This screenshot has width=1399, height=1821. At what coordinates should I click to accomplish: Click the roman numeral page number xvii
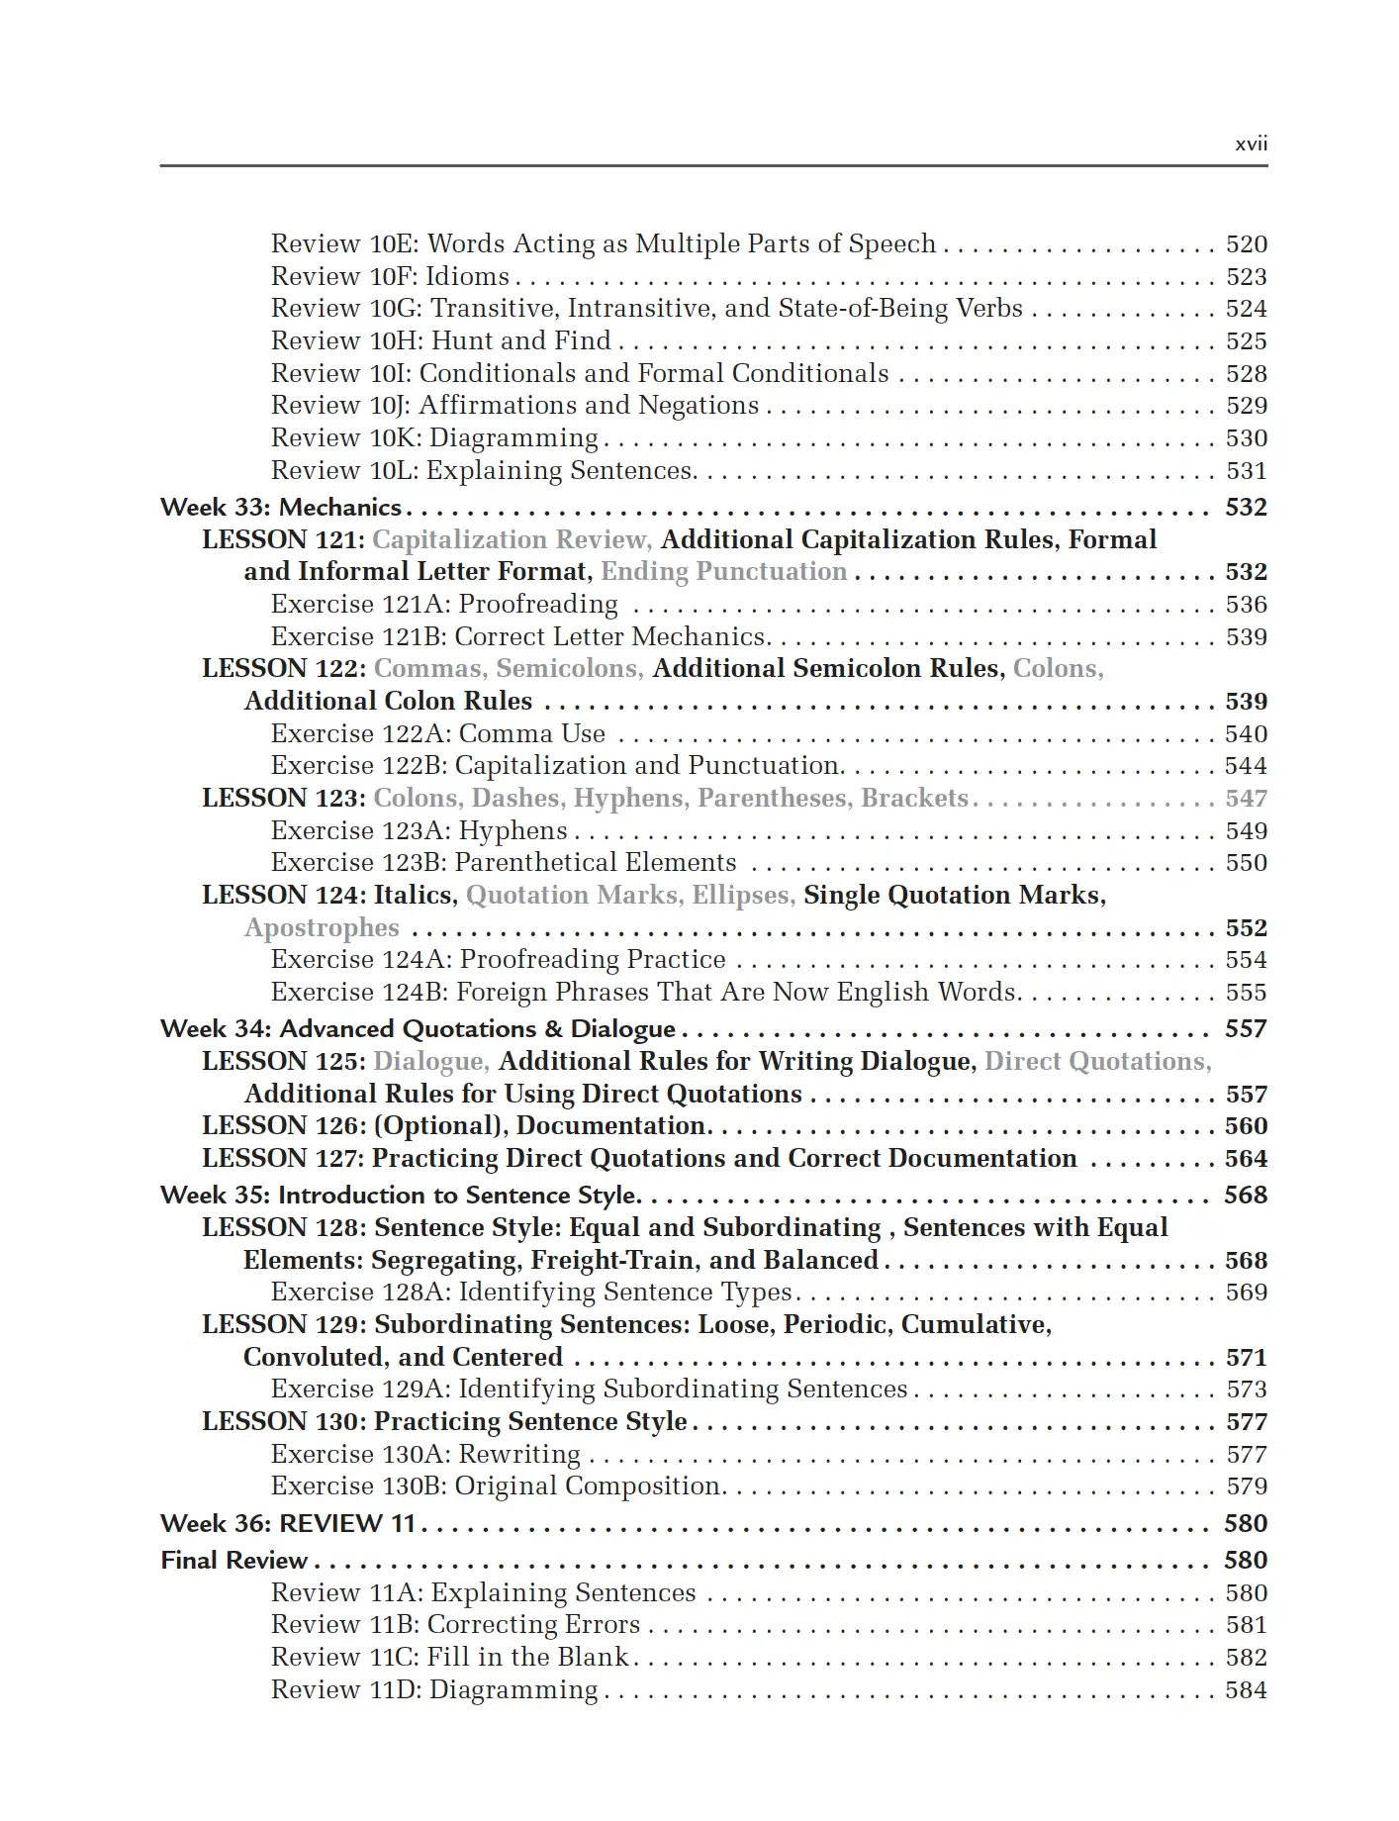coord(1251,144)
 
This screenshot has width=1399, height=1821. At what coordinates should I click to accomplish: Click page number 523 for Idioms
coord(1246,277)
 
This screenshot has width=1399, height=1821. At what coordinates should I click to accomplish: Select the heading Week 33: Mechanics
coord(281,508)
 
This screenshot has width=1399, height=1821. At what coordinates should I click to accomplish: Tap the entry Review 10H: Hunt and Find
coord(441,341)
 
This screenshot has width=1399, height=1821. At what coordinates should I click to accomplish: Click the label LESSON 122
coord(284,669)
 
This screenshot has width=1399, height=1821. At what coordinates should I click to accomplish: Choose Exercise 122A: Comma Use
coord(438,734)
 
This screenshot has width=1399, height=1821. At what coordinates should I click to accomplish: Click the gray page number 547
coord(1246,799)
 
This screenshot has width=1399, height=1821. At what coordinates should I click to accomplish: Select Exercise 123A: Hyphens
coord(420,831)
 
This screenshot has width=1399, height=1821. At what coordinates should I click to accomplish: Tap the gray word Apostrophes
coord(322,928)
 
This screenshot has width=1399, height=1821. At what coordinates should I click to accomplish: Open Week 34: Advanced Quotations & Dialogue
coord(419,1029)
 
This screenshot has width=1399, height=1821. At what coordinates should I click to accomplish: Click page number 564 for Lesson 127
coord(1246,1159)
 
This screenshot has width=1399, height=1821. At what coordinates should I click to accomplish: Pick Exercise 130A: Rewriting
coord(426,1455)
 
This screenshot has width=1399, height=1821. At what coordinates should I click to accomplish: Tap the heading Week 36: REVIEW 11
coord(288,1524)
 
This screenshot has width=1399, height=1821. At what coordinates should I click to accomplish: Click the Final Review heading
coord(234,1561)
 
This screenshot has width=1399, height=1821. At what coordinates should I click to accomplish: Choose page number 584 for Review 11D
coord(1246,1690)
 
